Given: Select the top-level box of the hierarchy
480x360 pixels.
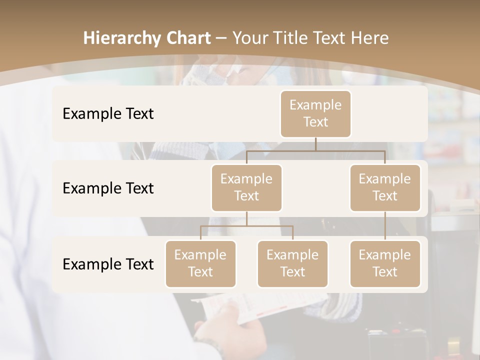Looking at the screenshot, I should [315, 114].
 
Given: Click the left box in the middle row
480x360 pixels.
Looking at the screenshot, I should [246, 188].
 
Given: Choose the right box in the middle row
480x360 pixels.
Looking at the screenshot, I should [385, 188].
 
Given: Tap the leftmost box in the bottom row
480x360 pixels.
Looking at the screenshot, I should [200, 264].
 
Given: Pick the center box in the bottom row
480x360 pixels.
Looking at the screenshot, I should [292, 264].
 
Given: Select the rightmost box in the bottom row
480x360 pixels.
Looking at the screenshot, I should [385, 264].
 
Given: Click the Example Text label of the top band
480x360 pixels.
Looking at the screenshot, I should [108, 114].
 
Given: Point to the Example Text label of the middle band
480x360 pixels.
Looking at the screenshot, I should [108, 188].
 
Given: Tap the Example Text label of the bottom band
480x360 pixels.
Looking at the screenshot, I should [108, 264].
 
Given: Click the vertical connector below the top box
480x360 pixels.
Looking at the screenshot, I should [315, 144].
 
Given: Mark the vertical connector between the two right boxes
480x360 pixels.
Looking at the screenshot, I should [385, 226].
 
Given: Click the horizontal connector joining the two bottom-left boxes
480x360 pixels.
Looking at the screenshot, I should [246, 226].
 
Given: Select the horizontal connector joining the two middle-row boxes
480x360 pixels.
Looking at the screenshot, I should [315, 150].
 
